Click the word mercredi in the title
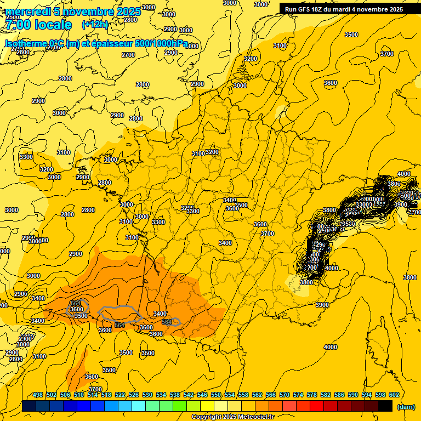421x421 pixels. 28,12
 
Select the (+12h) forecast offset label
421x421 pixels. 95,25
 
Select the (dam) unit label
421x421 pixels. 406,407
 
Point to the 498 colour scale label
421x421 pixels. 38,395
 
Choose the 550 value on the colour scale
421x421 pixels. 216,395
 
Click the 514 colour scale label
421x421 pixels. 93,395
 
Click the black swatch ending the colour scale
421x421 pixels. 385,406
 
